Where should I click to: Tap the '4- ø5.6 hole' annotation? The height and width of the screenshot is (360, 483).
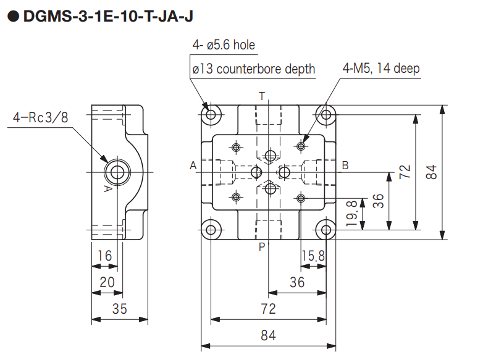click(x=223, y=45)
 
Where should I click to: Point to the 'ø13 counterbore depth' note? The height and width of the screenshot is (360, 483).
click(x=253, y=69)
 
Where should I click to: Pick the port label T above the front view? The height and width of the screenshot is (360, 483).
click(x=262, y=96)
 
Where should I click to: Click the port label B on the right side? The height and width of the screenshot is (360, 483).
click(x=345, y=165)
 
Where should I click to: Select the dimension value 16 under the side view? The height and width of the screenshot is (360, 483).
click(x=104, y=255)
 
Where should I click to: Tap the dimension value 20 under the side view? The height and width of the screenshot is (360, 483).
click(x=107, y=282)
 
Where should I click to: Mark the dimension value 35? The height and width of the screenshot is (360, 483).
click(x=120, y=309)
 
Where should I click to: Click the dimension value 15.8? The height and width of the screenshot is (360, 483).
click(x=313, y=255)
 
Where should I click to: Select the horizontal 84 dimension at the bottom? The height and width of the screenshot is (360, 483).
click(x=267, y=335)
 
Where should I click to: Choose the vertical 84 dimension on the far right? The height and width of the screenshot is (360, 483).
click(x=432, y=171)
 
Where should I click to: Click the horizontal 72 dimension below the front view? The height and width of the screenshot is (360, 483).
click(x=267, y=309)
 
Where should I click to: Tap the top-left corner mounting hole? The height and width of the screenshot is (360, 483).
click(x=211, y=114)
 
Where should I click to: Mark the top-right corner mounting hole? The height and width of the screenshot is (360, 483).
click(x=325, y=114)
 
